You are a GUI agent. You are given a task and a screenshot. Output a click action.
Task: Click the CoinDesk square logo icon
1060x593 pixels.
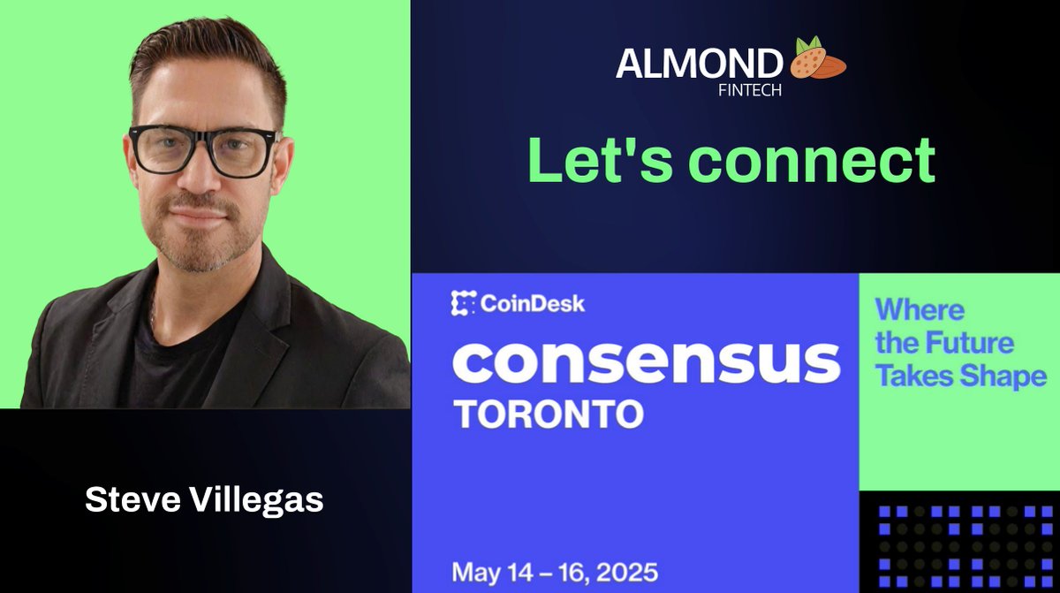pos(464,304)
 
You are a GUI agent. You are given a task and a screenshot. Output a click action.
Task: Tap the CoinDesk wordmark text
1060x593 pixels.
pos(533,305)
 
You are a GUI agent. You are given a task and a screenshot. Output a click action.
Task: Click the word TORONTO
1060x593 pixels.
pos(547,414)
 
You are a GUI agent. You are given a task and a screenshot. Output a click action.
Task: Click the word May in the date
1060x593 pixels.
pos(476,572)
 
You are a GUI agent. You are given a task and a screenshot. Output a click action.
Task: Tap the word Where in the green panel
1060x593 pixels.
pos(920,310)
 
